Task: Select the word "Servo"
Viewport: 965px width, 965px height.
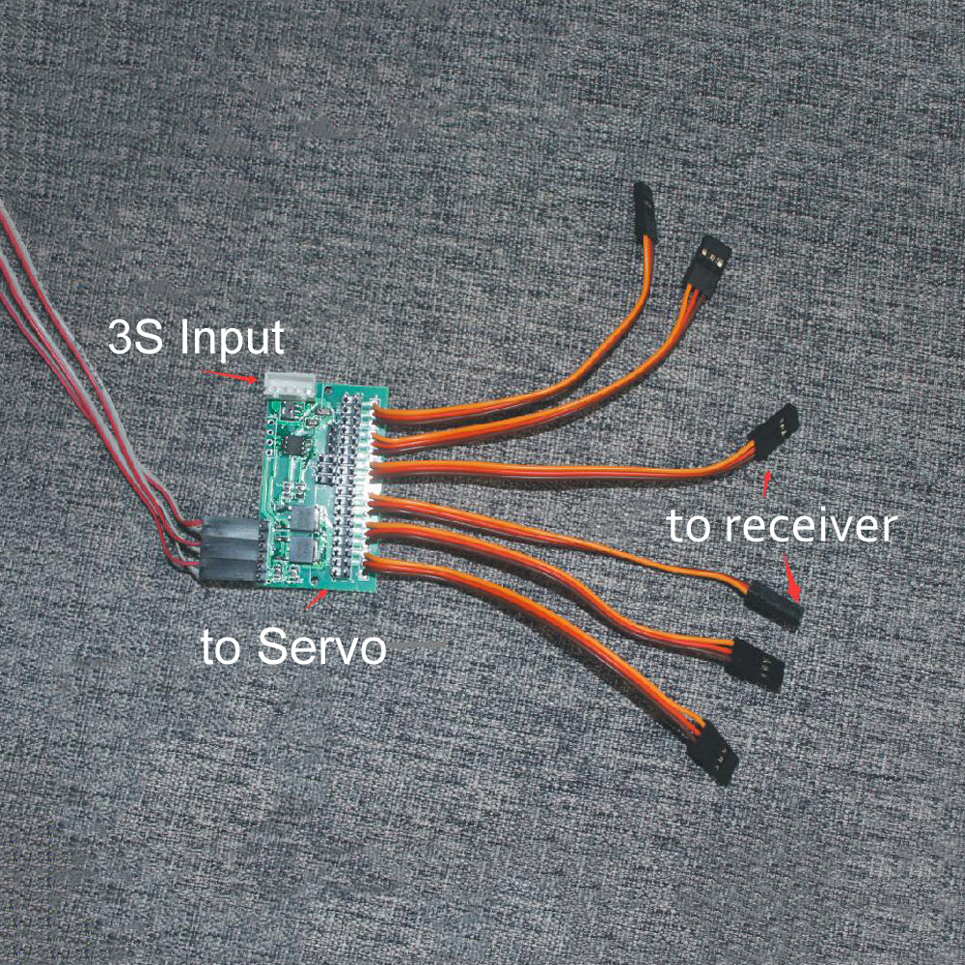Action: tap(321, 647)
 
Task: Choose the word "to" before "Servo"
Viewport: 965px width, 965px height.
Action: tap(224, 647)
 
